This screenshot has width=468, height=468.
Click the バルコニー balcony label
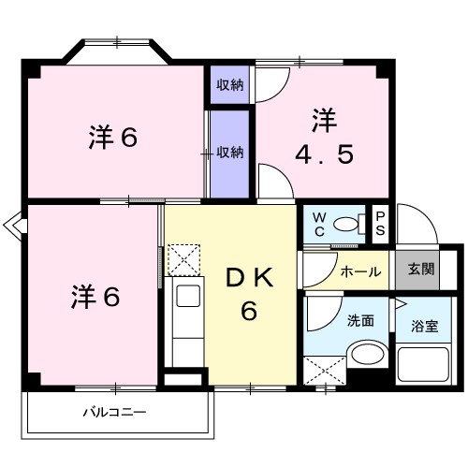(114, 413)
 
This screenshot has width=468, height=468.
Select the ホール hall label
(361, 271)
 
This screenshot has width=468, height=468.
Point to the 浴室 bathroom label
(425, 326)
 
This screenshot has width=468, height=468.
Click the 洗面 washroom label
(360, 320)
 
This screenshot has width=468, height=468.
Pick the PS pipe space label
(380, 224)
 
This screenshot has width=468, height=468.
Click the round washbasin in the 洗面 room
(368, 354)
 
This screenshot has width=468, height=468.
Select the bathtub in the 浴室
(423, 364)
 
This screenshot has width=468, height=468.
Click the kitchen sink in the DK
(188, 296)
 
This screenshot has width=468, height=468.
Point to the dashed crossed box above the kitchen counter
(183, 260)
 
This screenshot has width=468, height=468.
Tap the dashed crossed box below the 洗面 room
(325, 371)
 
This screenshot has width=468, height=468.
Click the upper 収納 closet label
(230, 85)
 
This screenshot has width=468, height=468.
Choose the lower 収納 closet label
(230, 153)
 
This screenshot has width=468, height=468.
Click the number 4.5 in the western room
(325, 154)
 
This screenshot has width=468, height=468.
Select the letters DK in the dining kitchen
(250, 278)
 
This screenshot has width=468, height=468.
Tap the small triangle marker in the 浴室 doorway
(401, 303)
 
